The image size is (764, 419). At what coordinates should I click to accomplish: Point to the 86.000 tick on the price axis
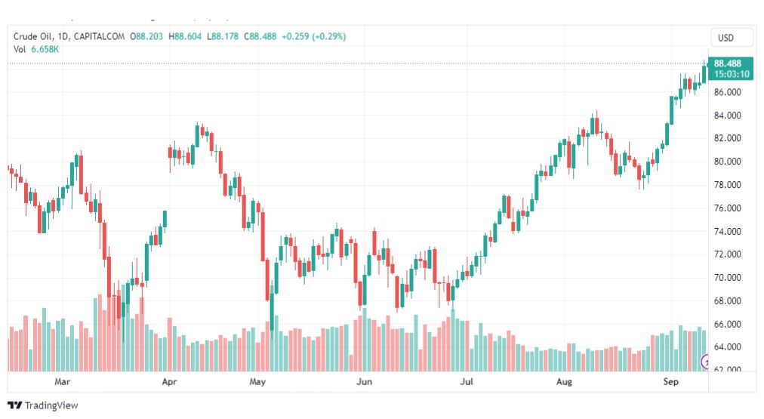(729, 92)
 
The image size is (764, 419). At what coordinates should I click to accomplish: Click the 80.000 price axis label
(729, 162)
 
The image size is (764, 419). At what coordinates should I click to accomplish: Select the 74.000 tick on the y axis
(729, 231)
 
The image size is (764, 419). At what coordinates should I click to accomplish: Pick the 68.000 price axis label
(729, 300)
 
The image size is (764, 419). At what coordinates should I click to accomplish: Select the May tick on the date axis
(258, 382)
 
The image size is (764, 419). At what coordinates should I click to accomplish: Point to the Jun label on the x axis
(365, 382)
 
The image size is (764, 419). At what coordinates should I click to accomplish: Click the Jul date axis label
(467, 382)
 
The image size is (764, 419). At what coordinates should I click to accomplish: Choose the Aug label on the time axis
(564, 382)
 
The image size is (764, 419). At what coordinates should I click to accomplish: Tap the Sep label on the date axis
(670, 382)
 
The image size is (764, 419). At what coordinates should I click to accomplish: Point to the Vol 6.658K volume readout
(36, 49)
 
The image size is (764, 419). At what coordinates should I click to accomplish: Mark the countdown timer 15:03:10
(731, 74)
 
